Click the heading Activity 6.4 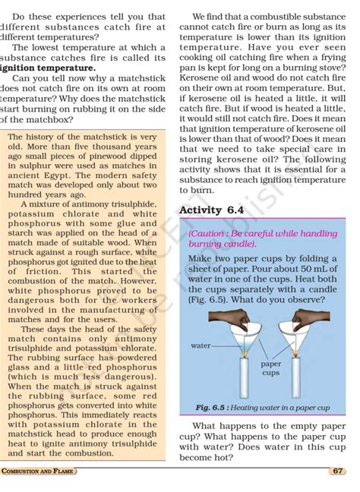coord(211,210)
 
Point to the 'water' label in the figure coord(201,345)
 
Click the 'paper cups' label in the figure coord(271,368)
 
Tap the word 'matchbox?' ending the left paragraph coord(40,119)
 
